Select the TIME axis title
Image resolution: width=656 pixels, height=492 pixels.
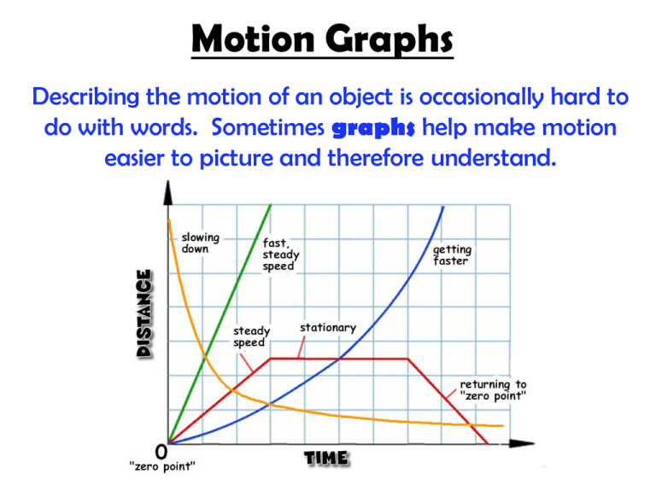pos(326,459)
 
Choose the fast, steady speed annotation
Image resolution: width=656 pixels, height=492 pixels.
pos(279,254)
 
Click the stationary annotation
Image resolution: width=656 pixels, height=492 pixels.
pos(328,328)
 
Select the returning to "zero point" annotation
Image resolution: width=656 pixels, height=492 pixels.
pos(493,390)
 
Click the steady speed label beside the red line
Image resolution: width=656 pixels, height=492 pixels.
pos(252,337)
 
